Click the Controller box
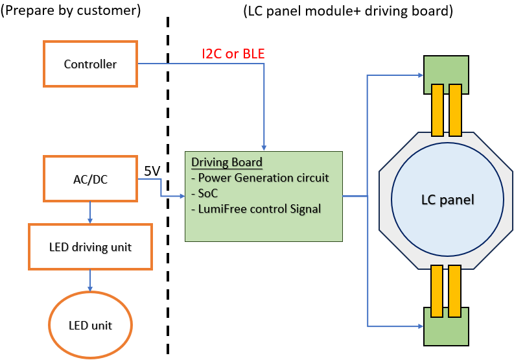(x=90, y=64)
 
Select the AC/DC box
(x=90, y=178)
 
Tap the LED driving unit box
(x=90, y=246)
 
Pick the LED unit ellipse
(x=90, y=325)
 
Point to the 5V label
(x=152, y=171)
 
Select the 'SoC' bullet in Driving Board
(x=204, y=194)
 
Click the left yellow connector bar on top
(x=437, y=109)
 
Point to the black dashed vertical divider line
(x=169, y=195)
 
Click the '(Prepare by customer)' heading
(x=71, y=11)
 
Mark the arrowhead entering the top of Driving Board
(x=264, y=147)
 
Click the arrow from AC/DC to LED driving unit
(x=90, y=212)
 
